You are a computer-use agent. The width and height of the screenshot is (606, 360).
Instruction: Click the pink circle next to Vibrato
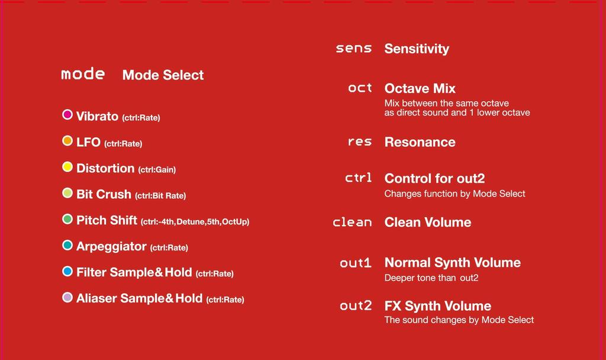pos(67,114)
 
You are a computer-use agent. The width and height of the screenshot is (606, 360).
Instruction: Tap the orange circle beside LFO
pos(67,141)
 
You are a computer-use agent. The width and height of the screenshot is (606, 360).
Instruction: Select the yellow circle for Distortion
pos(67,166)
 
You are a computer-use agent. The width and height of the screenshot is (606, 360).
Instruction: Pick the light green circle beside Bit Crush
pos(67,193)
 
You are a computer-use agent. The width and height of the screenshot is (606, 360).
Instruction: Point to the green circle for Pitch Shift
pos(67,219)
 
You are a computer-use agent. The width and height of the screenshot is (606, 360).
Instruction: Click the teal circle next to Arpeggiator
pos(67,245)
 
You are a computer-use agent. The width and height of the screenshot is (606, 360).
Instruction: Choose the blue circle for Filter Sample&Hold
pos(67,271)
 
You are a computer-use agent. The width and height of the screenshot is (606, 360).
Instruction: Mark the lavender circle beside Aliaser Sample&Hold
pos(67,297)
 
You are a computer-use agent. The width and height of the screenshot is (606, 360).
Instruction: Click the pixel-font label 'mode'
pos(83,73)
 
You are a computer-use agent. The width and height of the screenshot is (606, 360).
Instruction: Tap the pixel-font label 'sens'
pos(354,49)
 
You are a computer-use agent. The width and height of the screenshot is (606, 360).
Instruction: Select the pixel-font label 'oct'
pos(360,88)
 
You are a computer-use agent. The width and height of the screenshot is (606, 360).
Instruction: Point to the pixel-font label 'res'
pos(360,142)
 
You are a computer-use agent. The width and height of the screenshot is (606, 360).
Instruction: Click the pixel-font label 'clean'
pos(352,221)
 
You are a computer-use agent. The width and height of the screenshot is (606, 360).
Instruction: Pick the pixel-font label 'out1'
pos(356,263)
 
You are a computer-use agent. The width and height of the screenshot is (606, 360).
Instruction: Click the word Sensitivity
pos(417,49)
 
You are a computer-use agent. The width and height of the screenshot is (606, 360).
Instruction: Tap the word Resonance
pos(420,142)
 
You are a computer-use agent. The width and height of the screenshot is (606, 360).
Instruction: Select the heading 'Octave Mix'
pos(420,89)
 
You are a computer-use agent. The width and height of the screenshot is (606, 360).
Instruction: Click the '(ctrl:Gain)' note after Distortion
pos(157,170)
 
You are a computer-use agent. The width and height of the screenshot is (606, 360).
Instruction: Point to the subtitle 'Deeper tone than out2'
pos(431,278)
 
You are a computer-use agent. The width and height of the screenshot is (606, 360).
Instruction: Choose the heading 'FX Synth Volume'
pos(438,306)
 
